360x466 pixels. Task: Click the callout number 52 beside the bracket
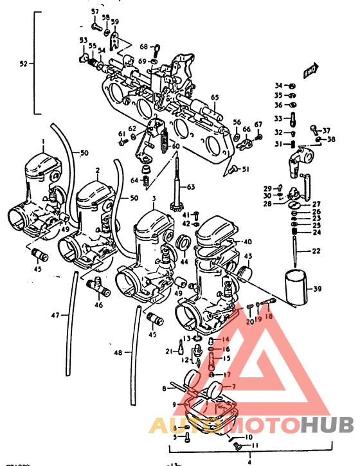[24, 64]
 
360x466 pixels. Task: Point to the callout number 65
[215, 98]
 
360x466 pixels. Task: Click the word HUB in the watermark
[327, 425]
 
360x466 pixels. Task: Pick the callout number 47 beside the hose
[56, 316]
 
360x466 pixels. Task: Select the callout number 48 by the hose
[117, 353]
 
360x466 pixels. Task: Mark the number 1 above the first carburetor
[42, 141]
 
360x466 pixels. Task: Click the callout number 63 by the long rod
[190, 187]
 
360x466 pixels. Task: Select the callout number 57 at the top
[95, 12]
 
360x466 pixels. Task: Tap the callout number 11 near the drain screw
[255, 445]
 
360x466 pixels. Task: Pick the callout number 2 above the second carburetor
[97, 170]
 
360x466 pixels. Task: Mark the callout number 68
[143, 46]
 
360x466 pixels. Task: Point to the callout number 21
[169, 351]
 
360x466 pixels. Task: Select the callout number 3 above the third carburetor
[154, 200]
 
